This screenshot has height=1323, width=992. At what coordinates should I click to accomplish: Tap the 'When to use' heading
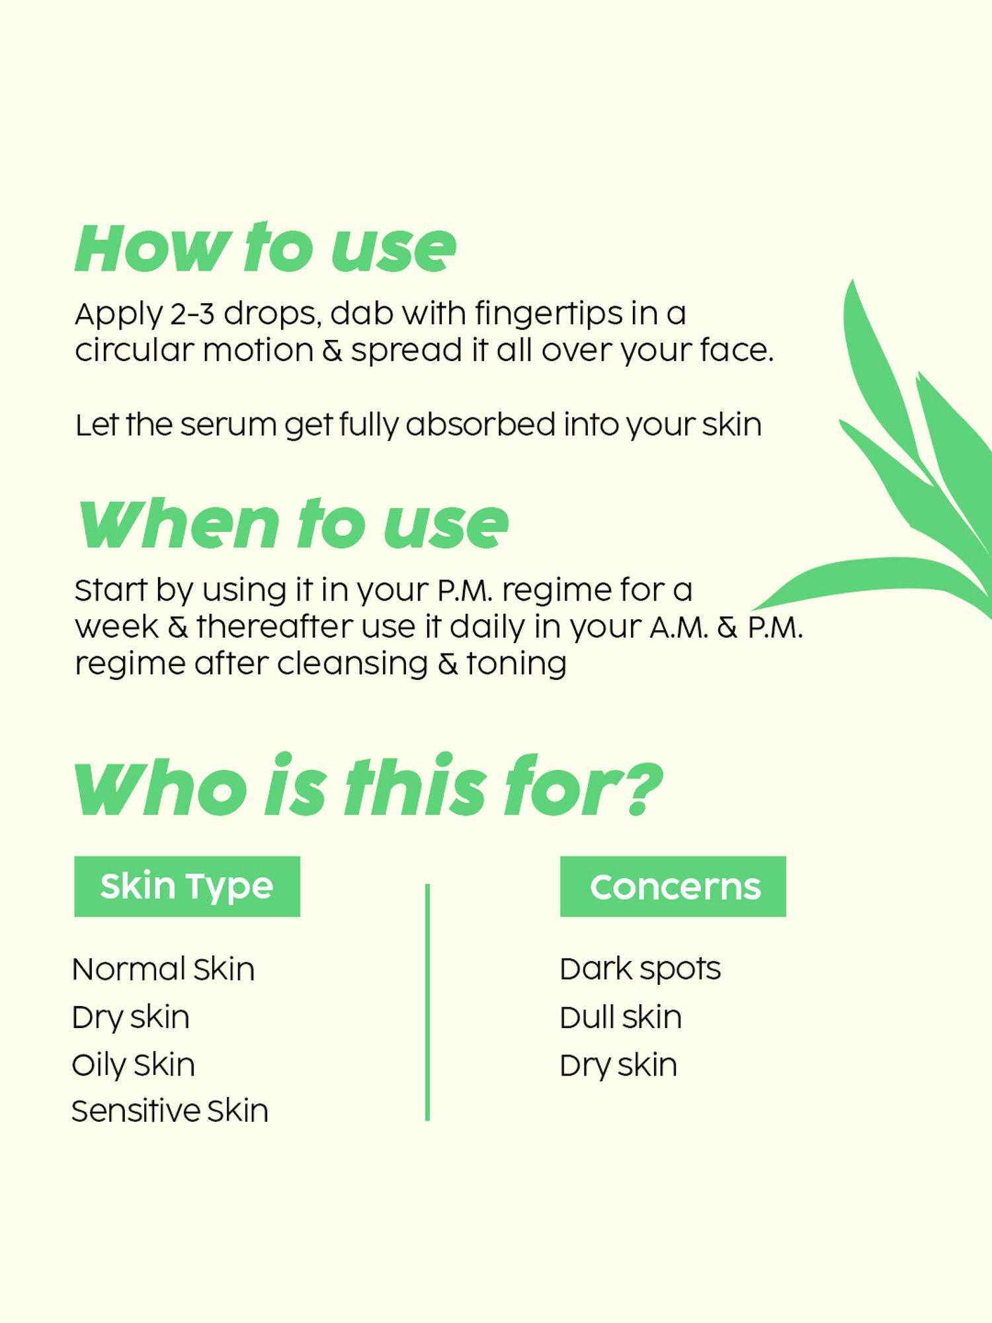[x=294, y=524]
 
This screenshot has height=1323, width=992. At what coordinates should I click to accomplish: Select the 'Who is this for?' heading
[x=368, y=786]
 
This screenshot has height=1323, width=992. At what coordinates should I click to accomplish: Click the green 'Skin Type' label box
[x=187, y=886]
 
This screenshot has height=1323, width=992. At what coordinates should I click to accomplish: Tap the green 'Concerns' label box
[x=673, y=886]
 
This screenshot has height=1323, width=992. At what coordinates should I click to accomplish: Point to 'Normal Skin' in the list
[x=163, y=970]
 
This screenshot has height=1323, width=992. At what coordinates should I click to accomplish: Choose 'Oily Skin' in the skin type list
[x=134, y=1066]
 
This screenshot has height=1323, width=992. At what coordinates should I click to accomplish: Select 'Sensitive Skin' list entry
[x=170, y=1111]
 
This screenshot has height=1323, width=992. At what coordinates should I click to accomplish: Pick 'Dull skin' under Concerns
[x=620, y=1017]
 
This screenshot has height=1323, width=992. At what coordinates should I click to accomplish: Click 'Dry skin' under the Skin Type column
[x=131, y=1018]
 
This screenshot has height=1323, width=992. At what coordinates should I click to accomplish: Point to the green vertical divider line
[x=428, y=1002]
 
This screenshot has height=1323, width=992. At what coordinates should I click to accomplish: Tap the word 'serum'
[x=228, y=425]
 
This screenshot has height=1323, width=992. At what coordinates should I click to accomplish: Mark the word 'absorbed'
[x=481, y=425]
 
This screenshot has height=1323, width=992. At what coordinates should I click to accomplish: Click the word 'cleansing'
[x=352, y=664]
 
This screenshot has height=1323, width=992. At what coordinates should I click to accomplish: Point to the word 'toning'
[x=517, y=664]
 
